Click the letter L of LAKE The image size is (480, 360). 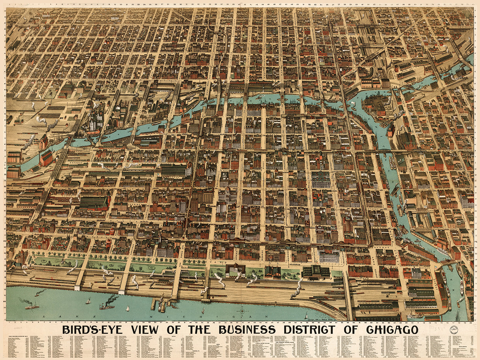tap(44, 317)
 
